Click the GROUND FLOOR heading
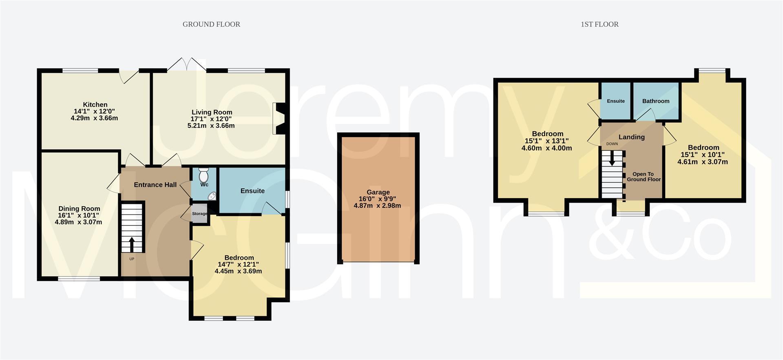point(211,24)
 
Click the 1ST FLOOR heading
point(599,24)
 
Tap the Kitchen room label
point(95,105)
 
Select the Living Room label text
point(212,112)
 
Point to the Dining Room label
point(79,209)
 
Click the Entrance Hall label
point(155,185)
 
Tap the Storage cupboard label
point(200,214)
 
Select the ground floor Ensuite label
point(252,191)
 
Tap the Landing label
point(631,137)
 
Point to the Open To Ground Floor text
point(644,177)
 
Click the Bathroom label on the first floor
point(655,101)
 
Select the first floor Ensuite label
point(615,101)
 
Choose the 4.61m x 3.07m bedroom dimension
point(703,162)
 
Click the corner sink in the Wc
point(212,197)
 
